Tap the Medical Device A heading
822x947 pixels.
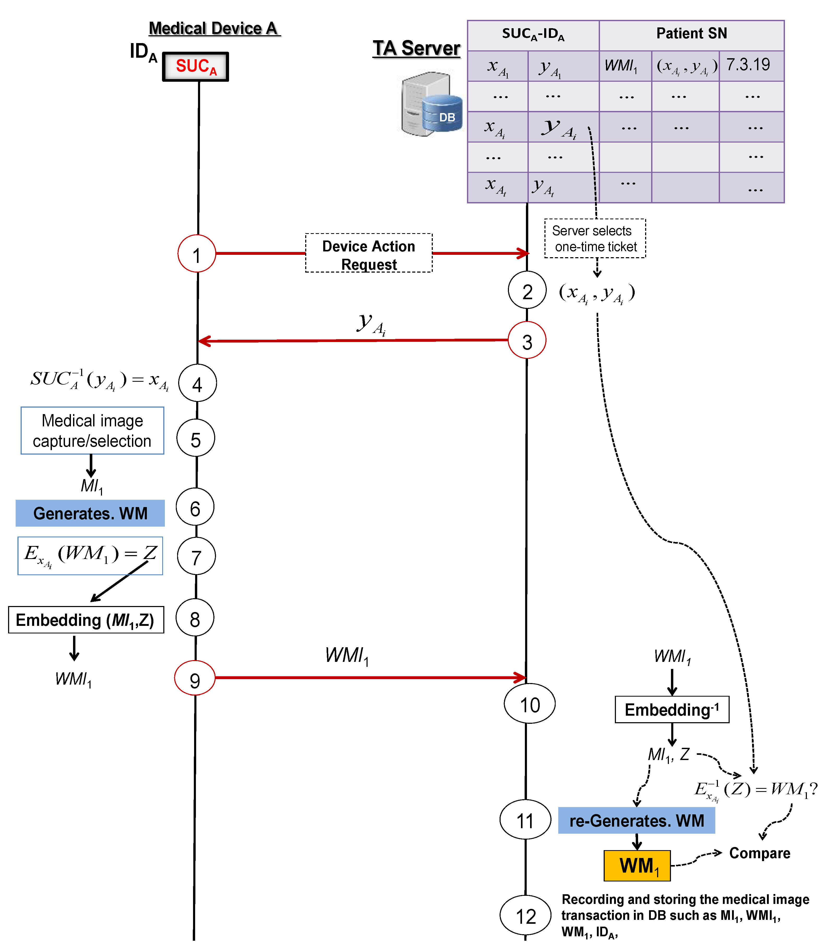pyautogui.click(x=214, y=28)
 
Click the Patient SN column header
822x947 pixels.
pyautogui.click(x=691, y=34)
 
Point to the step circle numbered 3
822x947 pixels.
pyautogui.click(x=527, y=341)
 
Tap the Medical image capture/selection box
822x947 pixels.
pyautogui.click(x=92, y=431)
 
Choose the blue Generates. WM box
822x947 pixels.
pyautogui.click(x=90, y=513)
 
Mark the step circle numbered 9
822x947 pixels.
pyautogui.click(x=195, y=678)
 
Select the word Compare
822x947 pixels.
pyautogui.click(x=760, y=853)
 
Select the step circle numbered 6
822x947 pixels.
pyautogui.click(x=195, y=507)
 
